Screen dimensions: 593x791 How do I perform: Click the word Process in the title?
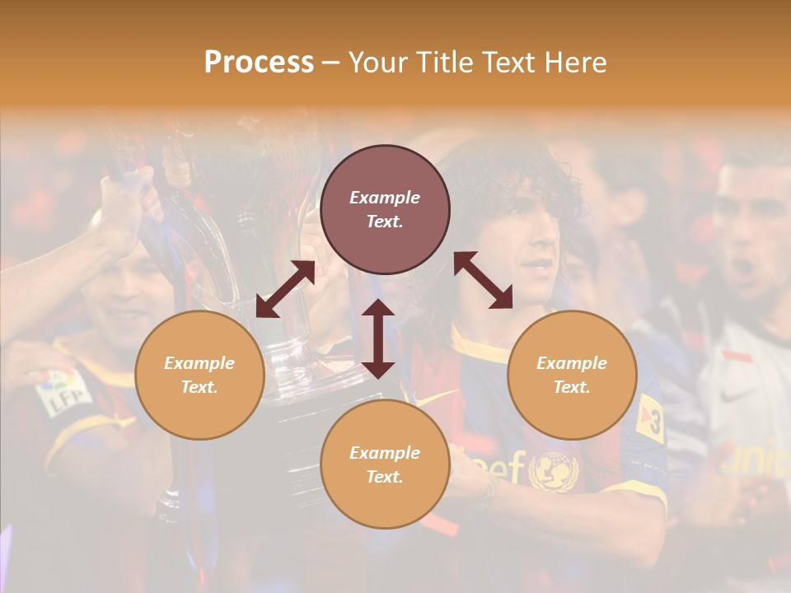pos(259,63)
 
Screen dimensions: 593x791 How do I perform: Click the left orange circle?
pos(199,375)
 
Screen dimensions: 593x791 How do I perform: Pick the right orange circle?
pos(572,375)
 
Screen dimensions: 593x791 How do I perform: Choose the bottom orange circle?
pos(385,465)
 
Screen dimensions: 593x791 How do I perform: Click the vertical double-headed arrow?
pos(378,339)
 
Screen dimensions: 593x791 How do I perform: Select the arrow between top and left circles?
pos(285,289)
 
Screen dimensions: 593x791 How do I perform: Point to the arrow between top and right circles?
pos(483,280)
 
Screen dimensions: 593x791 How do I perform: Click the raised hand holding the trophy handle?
pos(124,206)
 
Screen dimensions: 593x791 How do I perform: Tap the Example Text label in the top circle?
pos(385,209)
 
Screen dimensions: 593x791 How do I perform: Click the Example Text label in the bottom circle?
pos(385,465)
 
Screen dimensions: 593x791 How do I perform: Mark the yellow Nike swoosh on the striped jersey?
pos(429,399)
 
